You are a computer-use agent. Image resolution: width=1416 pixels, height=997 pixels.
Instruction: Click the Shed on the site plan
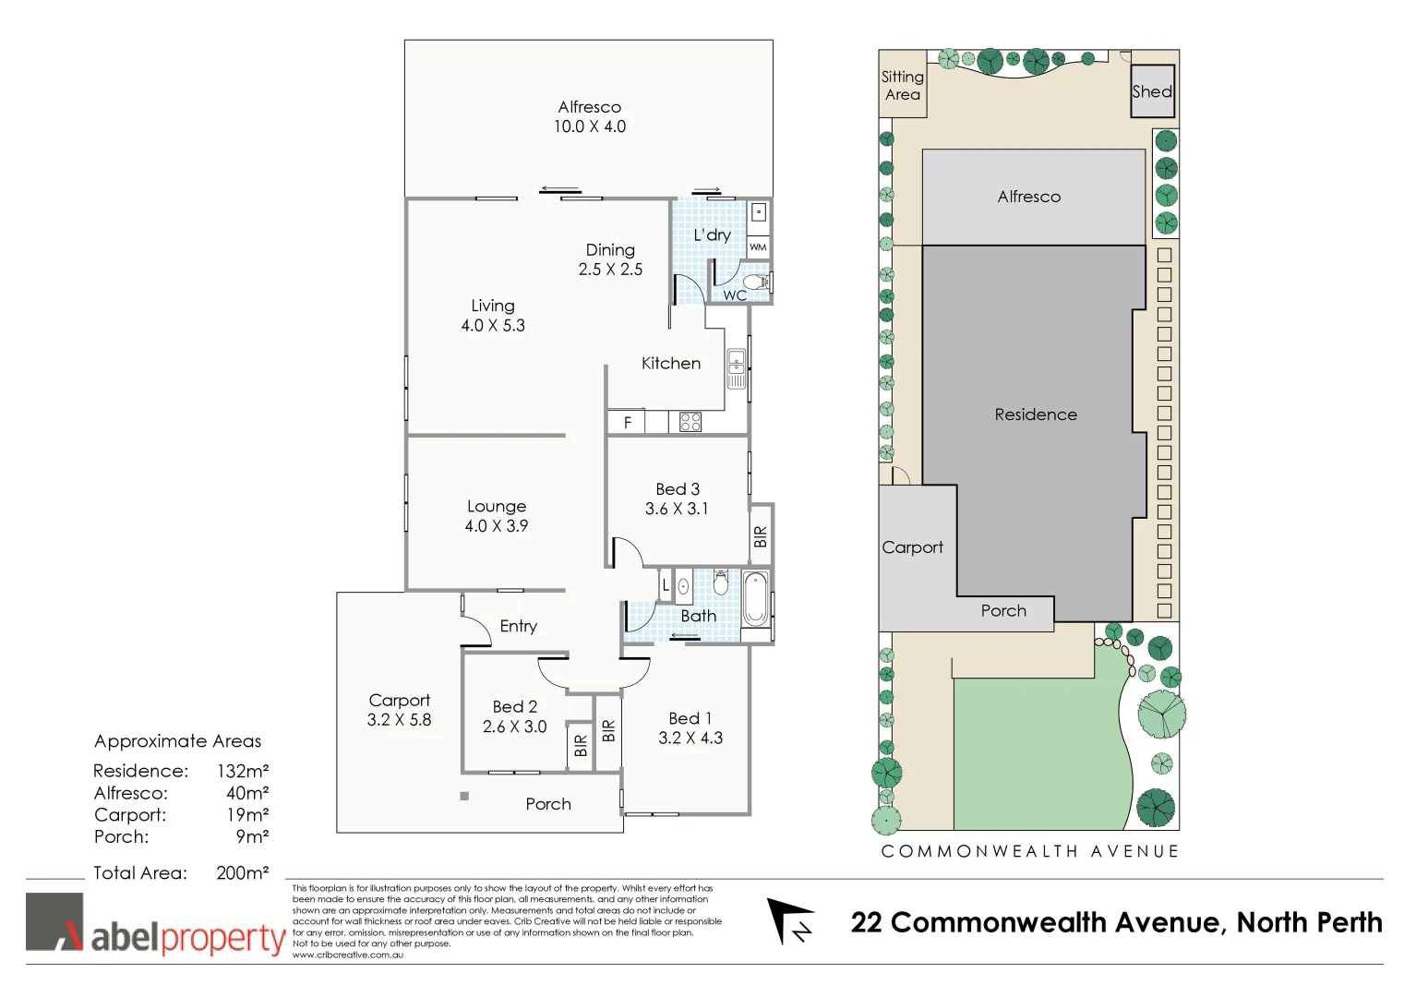[x=1153, y=91]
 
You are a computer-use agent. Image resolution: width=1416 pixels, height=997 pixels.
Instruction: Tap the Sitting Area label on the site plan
[x=902, y=85]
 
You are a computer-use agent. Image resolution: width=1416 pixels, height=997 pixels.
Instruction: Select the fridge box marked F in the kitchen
[x=627, y=423]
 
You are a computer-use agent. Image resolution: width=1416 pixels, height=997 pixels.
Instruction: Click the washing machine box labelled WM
[x=758, y=247]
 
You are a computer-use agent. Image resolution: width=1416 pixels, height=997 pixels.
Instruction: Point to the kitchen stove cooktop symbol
[x=690, y=423]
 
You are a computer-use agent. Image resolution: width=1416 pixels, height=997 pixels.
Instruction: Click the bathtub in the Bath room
[x=755, y=599]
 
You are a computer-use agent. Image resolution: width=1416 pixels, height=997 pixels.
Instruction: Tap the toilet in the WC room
[x=756, y=282]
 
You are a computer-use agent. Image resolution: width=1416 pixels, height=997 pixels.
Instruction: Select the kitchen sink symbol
[x=736, y=368]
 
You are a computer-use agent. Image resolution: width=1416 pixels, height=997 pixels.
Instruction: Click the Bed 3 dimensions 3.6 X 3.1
[x=677, y=509]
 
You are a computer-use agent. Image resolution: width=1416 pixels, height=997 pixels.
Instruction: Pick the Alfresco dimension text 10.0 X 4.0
[x=589, y=126]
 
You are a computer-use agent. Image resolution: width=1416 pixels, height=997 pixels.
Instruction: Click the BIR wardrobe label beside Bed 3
[x=761, y=536]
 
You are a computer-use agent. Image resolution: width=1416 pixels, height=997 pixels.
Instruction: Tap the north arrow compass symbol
[x=790, y=921]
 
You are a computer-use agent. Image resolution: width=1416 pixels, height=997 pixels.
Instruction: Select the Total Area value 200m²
[x=243, y=872]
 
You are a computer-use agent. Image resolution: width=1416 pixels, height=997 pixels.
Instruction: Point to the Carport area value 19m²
[x=247, y=814]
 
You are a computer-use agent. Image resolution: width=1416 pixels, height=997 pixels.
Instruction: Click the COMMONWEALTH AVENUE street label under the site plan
[x=1030, y=851]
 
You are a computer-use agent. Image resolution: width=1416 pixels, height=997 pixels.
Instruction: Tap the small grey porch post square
[x=464, y=796]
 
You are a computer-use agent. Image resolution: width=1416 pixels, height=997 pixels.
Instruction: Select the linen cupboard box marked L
[x=665, y=585]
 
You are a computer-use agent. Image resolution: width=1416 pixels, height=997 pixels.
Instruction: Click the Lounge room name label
[x=497, y=506]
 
